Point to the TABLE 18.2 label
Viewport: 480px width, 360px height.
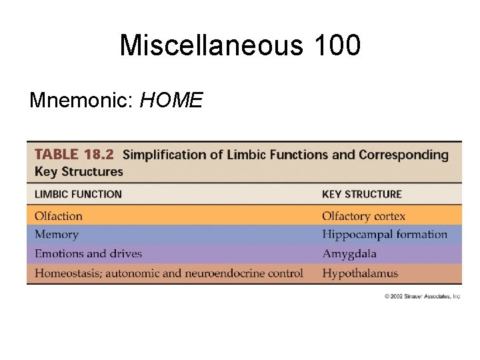tap(75, 155)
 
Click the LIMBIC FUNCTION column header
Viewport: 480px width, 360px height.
tap(78, 194)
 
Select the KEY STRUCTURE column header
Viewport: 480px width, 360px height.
tap(361, 194)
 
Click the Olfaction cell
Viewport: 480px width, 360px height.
tap(59, 216)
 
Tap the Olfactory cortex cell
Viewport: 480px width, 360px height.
tap(363, 216)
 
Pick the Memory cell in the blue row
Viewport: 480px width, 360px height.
tap(57, 235)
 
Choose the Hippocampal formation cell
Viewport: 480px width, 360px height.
tap(384, 235)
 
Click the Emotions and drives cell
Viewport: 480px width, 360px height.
tap(88, 254)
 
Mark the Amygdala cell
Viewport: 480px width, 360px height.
tap(349, 254)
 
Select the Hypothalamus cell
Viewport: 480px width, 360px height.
tap(359, 273)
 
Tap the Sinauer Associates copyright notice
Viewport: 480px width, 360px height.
tap(421, 296)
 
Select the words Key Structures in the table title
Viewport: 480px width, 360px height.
tap(79, 171)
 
